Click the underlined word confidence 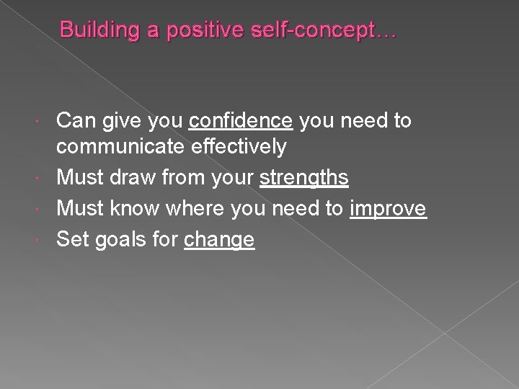click(x=241, y=120)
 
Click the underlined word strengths click(x=304, y=178)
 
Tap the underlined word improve click(x=389, y=209)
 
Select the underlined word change click(x=219, y=240)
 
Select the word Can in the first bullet click(x=75, y=120)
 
